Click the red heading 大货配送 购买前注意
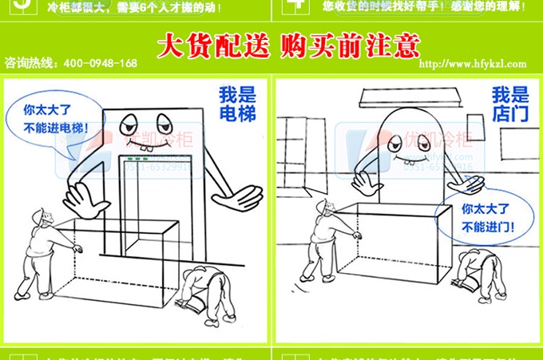[x=287, y=45]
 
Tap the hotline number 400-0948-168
[x=100, y=63]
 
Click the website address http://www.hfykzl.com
[x=473, y=65]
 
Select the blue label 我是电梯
[x=237, y=104]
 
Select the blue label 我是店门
[x=509, y=104]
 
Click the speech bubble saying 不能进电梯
[x=52, y=118]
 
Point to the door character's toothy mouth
[x=406, y=157]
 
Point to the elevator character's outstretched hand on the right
[x=238, y=195]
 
